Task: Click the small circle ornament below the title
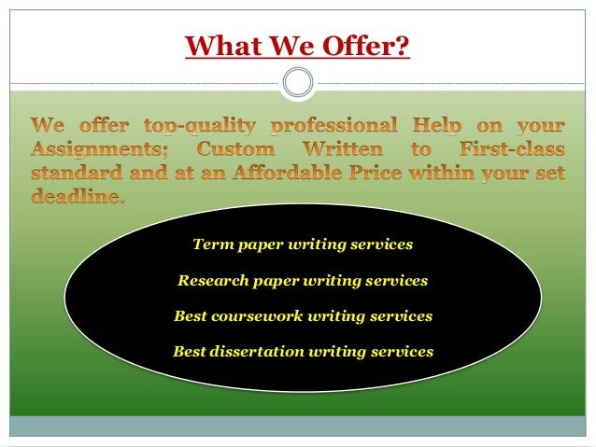[297, 83]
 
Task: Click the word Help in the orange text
[424, 125]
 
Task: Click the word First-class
[509, 149]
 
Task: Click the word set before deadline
[546, 174]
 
